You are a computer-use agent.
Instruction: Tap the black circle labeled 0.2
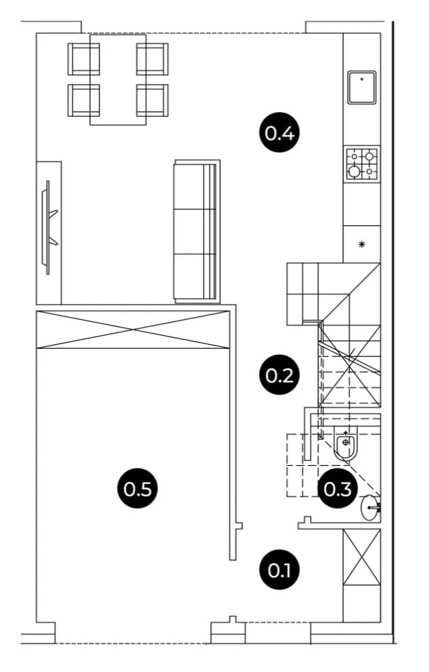(279, 375)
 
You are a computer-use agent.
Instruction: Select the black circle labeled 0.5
(138, 488)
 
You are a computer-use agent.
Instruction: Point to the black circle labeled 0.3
(338, 489)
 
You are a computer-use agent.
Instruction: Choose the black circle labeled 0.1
(279, 569)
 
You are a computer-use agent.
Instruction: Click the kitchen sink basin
(361, 87)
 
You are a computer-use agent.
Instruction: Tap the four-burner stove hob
(361, 164)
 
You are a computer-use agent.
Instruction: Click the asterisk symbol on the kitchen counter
(361, 245)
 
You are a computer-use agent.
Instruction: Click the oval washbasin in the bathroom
(370, 508)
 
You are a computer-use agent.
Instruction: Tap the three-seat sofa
(197, 231)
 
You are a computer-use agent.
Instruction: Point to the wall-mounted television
(48, 227)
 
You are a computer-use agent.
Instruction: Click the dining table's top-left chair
(84, 59)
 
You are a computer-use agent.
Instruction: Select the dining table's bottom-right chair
(152, 100)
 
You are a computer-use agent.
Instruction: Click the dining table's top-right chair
(152, 59)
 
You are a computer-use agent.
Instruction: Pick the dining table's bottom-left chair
(84, 100)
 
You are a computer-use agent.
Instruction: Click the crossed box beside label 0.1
(361, 556)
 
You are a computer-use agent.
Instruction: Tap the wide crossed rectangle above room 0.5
(132, 329)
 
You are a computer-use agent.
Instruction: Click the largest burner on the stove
(354, 172)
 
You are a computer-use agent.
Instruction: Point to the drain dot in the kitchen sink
(361, 79)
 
